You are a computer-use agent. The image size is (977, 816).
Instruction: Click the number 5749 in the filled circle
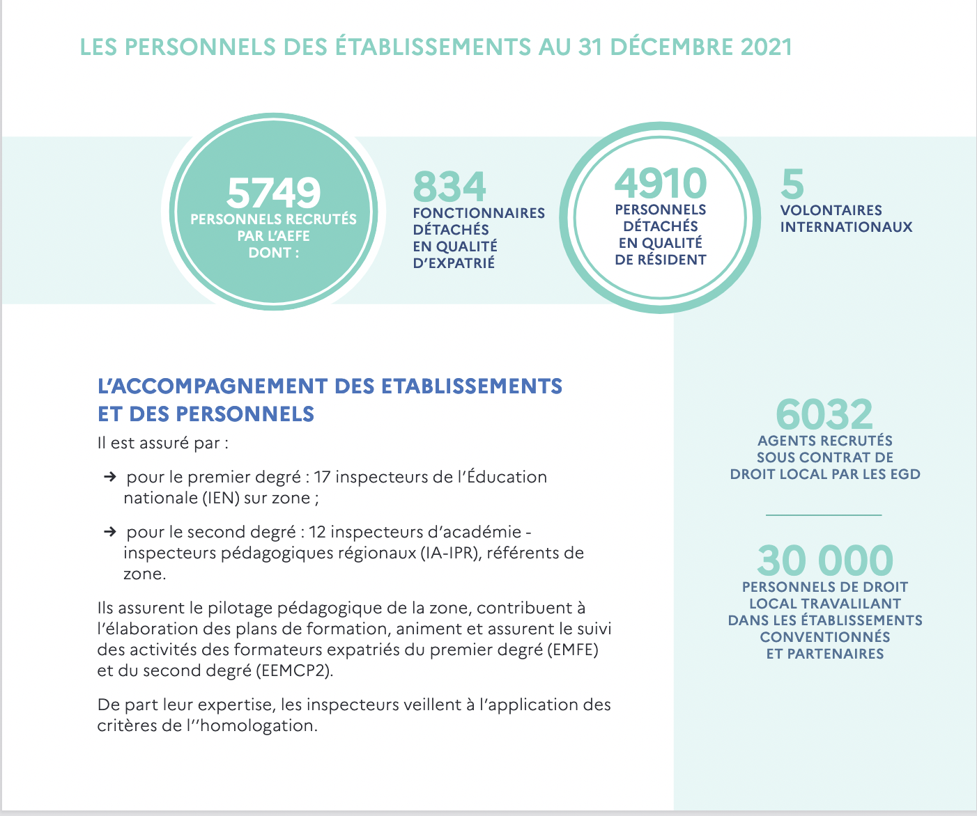pos(274,193)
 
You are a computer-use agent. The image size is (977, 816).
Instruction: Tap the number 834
pos(449,187)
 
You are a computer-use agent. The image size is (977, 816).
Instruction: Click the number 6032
pos(824,414)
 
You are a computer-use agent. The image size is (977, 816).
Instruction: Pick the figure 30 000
pos(825,560)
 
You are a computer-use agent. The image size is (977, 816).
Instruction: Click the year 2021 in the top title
pos(767,47)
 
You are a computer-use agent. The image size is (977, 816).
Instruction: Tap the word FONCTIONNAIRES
pos(479,213)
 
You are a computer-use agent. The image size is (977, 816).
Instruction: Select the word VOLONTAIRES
pos(831,210)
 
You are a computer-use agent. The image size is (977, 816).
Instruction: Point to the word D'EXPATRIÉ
pos(454,262)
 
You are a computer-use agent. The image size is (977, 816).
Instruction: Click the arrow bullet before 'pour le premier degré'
pos(110,476)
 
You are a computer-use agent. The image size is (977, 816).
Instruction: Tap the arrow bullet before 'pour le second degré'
pos(110,532)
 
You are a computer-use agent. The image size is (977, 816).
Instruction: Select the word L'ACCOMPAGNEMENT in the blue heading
pos(213,386)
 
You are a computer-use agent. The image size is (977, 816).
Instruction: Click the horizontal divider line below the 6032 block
pos(824,515)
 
